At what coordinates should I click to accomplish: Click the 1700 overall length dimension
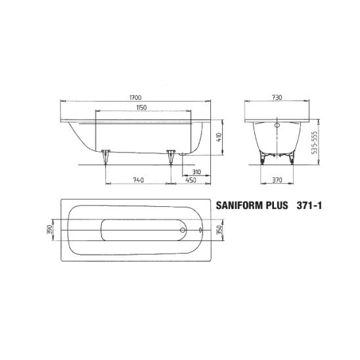coord(135,98)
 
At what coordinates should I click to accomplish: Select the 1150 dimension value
coord(141,108)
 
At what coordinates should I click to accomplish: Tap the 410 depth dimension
coord(219,137)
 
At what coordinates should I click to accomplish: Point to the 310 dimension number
coord(196,172)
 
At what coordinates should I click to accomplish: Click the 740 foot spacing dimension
coord(139,180)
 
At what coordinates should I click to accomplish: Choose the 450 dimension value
coord(191,180)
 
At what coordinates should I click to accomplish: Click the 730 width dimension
coord(277,98)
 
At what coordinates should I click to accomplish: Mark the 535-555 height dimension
coord(315,143)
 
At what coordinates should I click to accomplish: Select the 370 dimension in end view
coord(277,180)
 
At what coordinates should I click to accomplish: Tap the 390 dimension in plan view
coord(50,230)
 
